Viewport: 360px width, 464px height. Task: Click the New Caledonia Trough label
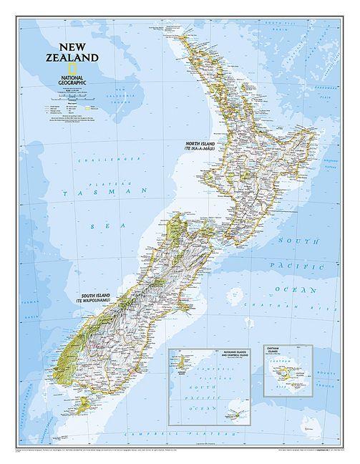point(119,96)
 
